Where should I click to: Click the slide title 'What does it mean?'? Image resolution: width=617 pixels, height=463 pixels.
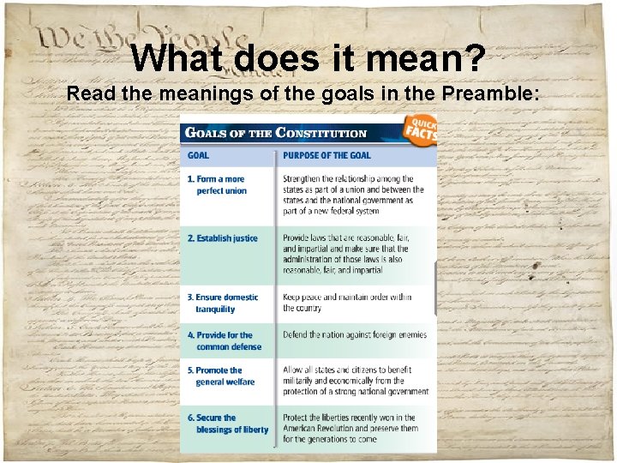point(308,58)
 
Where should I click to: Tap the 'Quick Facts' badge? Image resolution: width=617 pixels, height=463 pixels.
point(421,128)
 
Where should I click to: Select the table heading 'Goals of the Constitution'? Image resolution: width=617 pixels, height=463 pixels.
point(277,134)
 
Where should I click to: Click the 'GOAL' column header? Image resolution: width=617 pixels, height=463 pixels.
point(198,155)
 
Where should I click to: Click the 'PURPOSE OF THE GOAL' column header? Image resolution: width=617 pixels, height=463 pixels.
point(327,155)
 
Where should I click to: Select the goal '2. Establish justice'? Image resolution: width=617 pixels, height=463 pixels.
point(223,238)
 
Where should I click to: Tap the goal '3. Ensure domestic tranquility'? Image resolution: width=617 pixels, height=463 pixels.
point(223,303)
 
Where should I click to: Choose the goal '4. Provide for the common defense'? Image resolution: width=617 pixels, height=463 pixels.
point(225,340)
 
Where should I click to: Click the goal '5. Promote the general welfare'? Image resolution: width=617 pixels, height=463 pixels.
point(221,376)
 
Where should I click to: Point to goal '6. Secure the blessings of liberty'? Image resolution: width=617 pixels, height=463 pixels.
point(228,424)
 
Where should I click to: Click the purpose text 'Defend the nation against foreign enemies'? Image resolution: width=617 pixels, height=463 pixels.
point(355,334)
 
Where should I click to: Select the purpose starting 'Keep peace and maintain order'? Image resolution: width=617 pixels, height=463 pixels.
point(347,302)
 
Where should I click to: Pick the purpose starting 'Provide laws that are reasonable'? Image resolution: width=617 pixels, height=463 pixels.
point(351,254)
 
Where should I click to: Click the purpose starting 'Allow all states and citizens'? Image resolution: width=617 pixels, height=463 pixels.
point(355,381)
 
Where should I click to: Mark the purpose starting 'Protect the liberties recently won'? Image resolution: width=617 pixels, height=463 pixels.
point(351,429)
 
